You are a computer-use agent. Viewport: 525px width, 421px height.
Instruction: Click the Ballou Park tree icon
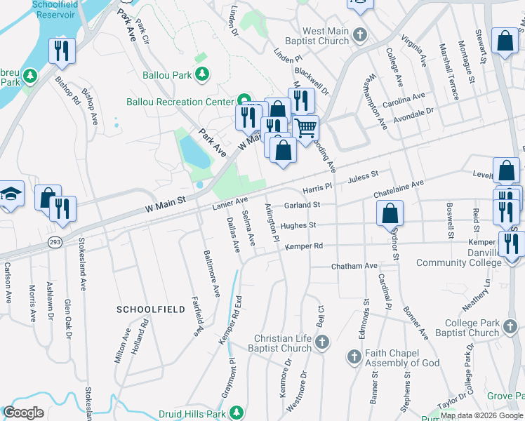tap(202, 74)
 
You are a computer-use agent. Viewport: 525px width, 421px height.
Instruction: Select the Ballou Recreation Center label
tap(180, 102)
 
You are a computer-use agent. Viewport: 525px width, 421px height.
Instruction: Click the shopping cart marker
tap(305, 128)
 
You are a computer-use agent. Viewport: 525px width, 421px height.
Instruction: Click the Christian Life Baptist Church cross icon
tap(321, 342)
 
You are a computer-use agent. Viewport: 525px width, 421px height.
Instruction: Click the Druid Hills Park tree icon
tap(238, 411)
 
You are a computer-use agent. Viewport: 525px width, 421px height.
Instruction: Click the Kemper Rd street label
tap(309, 246)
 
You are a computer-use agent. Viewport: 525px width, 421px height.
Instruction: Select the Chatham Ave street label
tap(354, 267)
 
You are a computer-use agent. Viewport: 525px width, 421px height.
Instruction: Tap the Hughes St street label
tap(299, 226)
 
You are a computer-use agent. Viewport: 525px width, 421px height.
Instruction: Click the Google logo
tap(24, 413)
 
